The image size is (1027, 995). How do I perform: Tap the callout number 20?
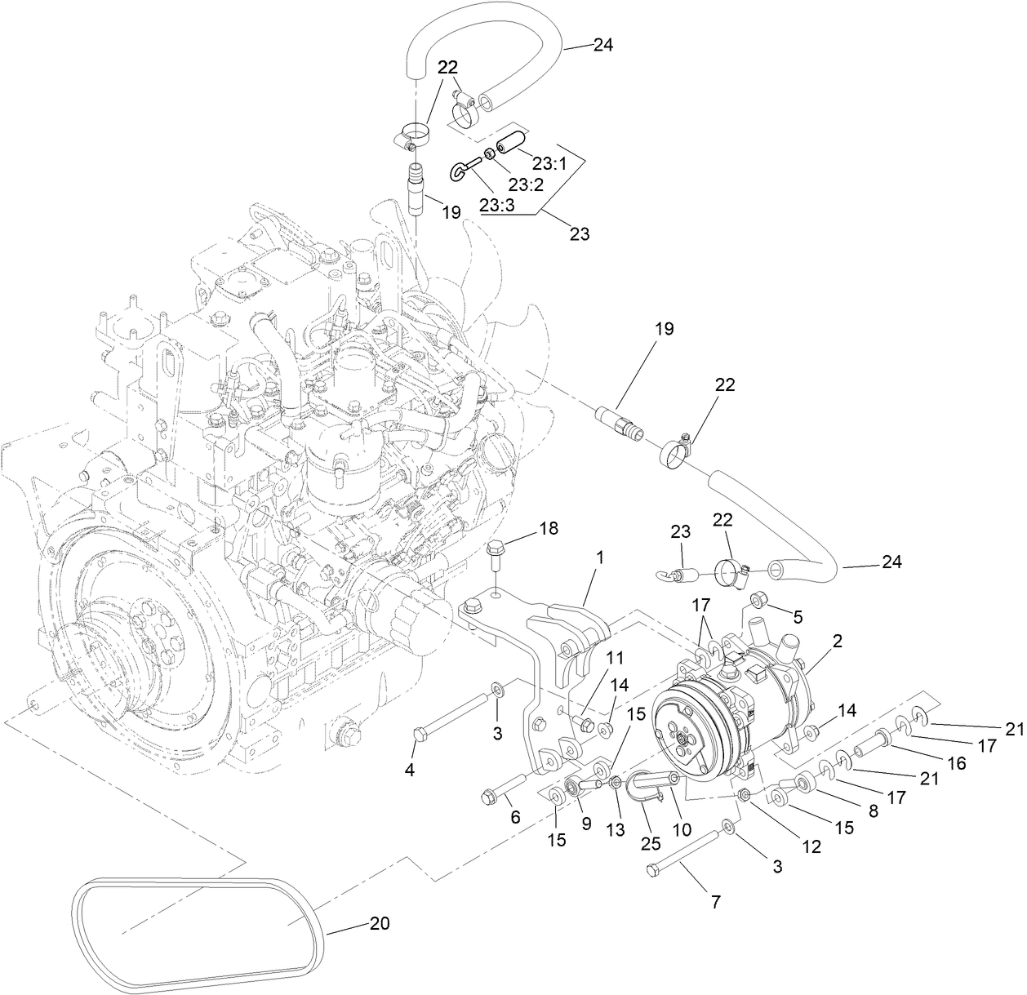pyautogui.click(x=380, y=924)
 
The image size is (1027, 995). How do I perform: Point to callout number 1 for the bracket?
pyautogui.click(x=600, y=557)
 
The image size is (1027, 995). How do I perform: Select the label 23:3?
pyautogui.click(x=497, y=207)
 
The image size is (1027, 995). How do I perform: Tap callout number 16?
pyautogui.click(x=956, y=763)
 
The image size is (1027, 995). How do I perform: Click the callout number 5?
pyautogui.click(x=798, y=616)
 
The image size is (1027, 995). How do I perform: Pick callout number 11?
pyautogui.click(x=614, y=657)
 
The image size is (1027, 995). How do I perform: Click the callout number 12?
pyautogui.click(x=811, y=846)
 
